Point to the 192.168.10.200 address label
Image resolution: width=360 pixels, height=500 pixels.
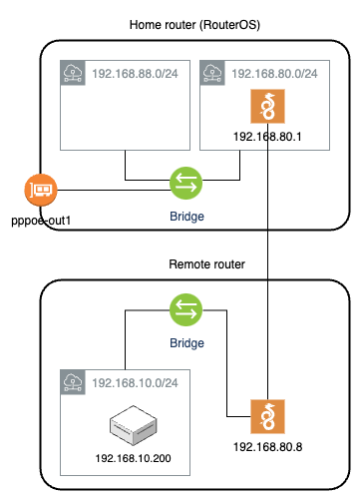(x=133, y=457)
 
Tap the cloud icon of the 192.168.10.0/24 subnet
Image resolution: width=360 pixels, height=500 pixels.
(x=72, y=381)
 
